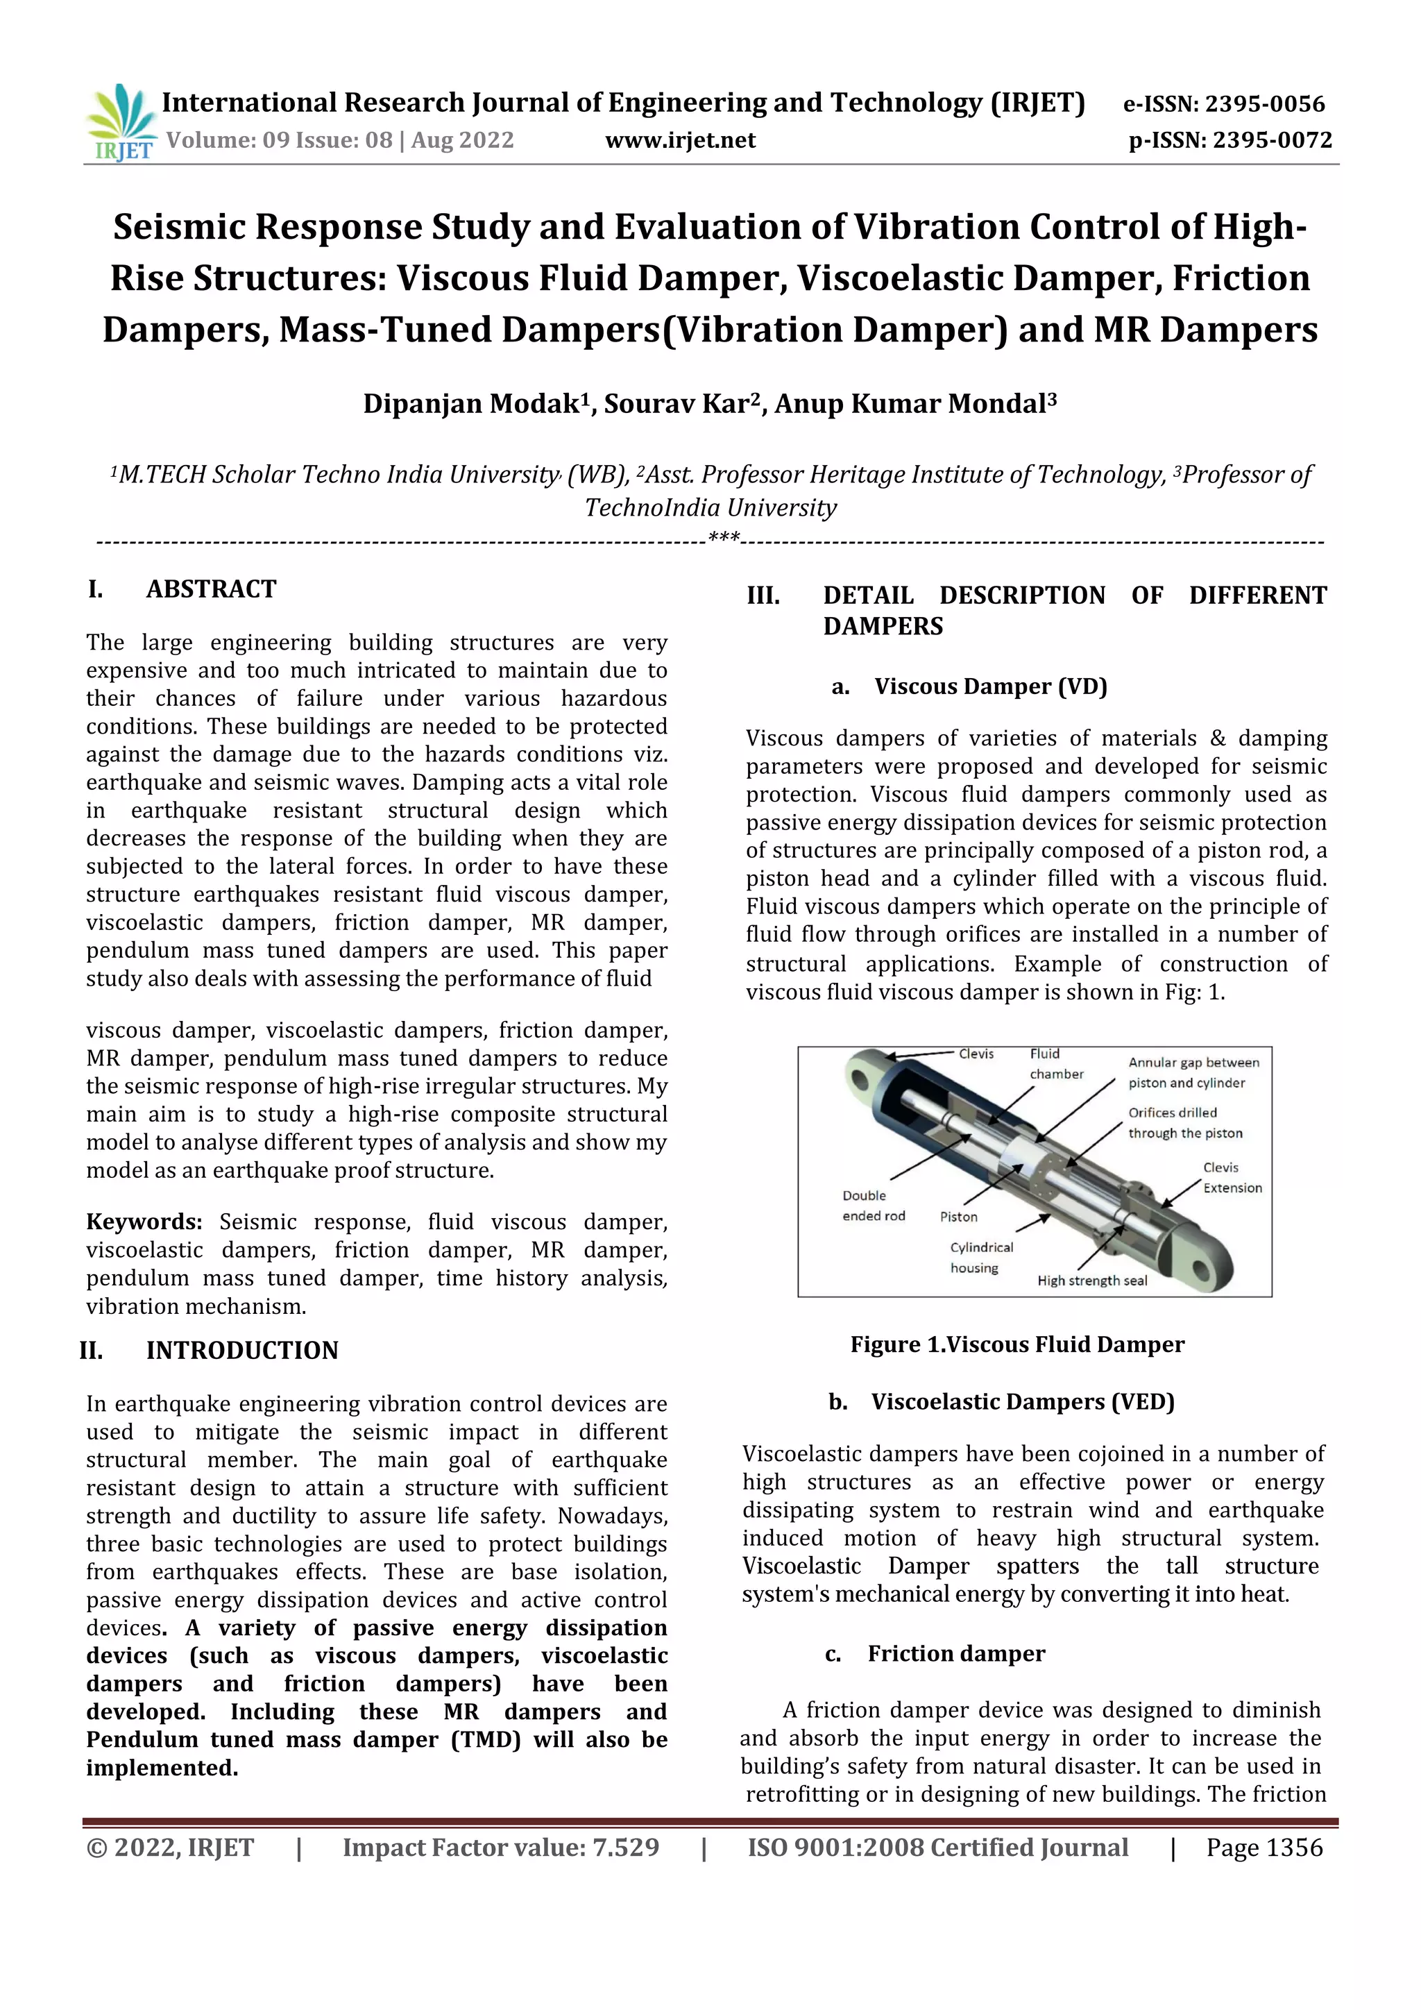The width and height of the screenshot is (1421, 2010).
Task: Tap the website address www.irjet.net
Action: point(680,140)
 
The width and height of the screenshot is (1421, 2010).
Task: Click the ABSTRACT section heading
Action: point(211,589)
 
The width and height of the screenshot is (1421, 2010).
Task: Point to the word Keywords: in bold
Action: point(144,1222)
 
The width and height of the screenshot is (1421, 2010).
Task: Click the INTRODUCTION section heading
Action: point(241,1351)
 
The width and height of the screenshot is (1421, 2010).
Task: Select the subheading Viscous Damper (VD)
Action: point(991,686)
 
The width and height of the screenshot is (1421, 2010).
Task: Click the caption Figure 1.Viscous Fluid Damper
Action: point(1016,1344)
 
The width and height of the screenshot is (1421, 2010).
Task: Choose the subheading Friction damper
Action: point(955,1654)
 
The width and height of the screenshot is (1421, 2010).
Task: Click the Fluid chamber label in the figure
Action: point(1055,1064)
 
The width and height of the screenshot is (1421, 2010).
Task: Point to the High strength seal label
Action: point(1091,1281)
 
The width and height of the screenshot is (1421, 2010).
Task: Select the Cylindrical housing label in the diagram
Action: point(981,1257)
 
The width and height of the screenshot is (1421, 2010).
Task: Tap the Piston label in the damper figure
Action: point(958,1217)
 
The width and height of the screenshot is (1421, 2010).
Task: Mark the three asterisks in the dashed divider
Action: point(724,537)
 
